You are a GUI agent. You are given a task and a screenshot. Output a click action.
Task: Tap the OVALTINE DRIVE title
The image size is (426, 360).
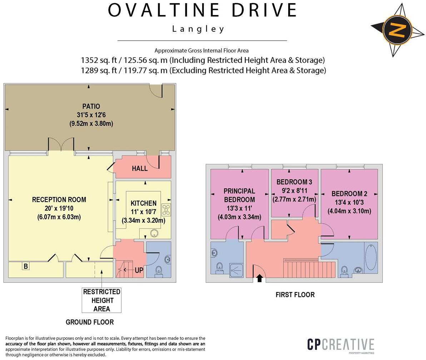202,10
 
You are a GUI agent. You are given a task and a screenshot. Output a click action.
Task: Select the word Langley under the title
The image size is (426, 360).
198,29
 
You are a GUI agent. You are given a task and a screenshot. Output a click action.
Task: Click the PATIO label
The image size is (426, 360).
91,106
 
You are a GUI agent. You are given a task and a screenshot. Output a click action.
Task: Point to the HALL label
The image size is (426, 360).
140,168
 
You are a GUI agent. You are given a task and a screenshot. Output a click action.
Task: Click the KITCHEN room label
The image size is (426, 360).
143,203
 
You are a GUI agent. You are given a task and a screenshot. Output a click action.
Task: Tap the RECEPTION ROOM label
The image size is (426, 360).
59,199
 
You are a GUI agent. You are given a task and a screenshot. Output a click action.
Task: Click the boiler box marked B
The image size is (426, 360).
26,266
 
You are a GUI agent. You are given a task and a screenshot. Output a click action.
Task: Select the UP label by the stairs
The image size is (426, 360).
139,270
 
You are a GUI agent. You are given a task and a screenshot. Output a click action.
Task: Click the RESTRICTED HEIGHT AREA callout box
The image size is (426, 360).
102,300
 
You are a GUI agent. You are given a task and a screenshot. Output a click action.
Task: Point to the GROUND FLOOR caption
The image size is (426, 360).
90,322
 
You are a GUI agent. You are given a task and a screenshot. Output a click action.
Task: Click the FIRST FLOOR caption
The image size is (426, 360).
295,295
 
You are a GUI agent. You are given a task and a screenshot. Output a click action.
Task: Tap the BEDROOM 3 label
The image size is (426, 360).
294,182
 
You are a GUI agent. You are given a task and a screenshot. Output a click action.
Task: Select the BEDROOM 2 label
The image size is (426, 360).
349,194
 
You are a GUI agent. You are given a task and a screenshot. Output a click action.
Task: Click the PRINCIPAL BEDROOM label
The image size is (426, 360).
239,195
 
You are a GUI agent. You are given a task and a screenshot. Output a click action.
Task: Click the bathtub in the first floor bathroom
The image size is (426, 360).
371,257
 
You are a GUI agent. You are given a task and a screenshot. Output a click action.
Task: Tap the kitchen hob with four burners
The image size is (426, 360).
166,209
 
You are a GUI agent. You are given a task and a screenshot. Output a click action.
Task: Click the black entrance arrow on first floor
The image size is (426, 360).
259,278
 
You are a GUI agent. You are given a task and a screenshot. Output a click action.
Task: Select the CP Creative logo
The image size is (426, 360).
341,345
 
